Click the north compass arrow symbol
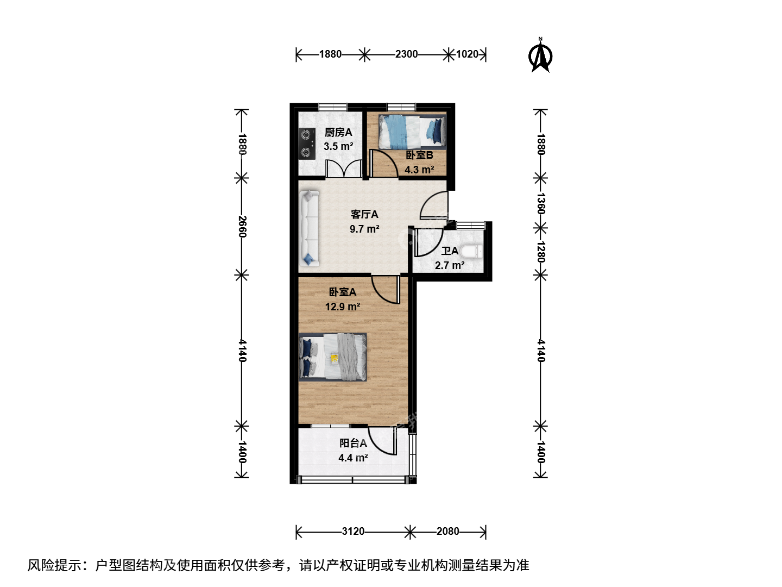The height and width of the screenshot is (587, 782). (x=540, y=56)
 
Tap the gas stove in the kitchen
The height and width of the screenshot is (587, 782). (x=307, y=143)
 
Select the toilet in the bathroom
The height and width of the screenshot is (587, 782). (x=471, y=252)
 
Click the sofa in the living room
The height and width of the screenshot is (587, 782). (x=309, y=228)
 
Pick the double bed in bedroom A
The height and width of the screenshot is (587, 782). (x=332, y=357)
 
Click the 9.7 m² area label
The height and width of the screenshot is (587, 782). (x=364, y=229)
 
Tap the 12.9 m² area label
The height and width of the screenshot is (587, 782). (x=342, y=307)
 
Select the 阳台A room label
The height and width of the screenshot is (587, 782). (x=352, y=443)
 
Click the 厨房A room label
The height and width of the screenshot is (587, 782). (x=338, y=133)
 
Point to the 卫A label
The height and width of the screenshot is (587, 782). (x=450, y=251)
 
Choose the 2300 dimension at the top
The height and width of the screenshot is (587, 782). (x=407, y=54)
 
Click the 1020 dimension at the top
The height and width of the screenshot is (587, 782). (x=467, y=54)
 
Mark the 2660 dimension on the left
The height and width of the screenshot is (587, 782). (x=242, y=226)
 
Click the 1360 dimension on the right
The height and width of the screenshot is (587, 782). (x=541, y=203)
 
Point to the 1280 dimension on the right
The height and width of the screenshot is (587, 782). (x=541, y=252)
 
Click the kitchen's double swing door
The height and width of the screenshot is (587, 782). (x=344, y=168)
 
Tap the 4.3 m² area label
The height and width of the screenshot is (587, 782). (x=419, y=170)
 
